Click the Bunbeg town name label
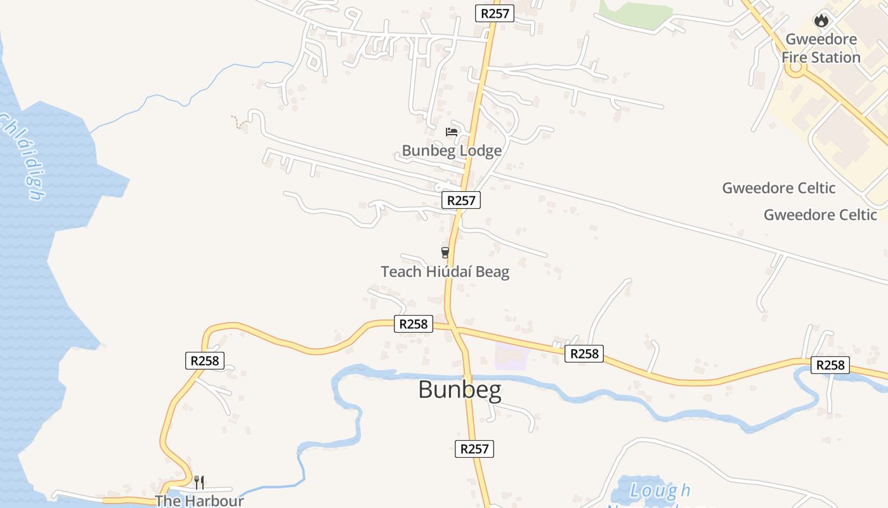pyautogui.click(x=460, y=389)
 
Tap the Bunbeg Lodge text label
pyautogui.click(x=452, y=150)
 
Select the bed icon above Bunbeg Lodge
pyautogui.click(x=452, y=132)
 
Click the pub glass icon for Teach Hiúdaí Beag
pyautogui.click(x=445, y=252)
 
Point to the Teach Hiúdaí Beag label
pyautogui.click(x=445, y=272)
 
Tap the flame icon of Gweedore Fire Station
pyautogui.click(x=821, y=20)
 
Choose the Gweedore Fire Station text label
pyautogui.click(x=821, y=48)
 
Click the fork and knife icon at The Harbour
pyautogui.click(x=199, y=482)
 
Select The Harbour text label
pyautogui.click(x=199, y=500)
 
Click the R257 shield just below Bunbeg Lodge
pyautogui.click(x=461, y=200)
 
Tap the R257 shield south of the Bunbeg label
pyautogui.click(x=474, y=448)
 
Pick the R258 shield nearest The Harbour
pyautogui.click(x=205, y=361)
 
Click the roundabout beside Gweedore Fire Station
pyautogui.click(x=795, y=69)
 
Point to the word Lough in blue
pyautogui.click(x=660, y=490)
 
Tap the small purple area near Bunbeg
pyautogui.click(x=511, y=357)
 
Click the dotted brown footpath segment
pyautogui.click(x=238, y=123)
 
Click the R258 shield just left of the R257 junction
pyautogui.click(x=414, y=324)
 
